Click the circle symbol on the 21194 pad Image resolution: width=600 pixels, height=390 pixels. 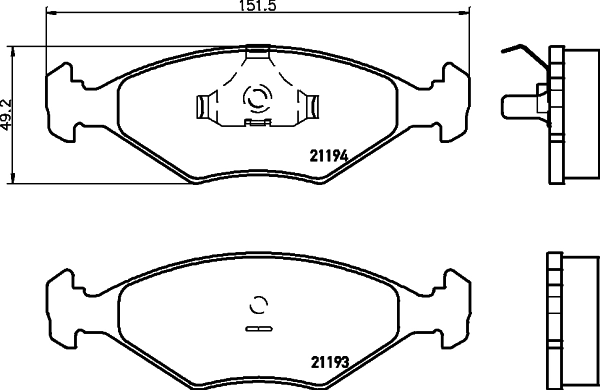click(x=257, y=98)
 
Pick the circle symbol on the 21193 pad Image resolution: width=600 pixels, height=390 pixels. click(x=257, y=305)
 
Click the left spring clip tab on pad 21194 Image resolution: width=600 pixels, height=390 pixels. click(x=206, y=103)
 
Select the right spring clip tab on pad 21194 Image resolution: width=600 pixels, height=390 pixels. click(x=310, y=103)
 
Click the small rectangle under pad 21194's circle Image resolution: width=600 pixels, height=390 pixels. click(x=257, y=124)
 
